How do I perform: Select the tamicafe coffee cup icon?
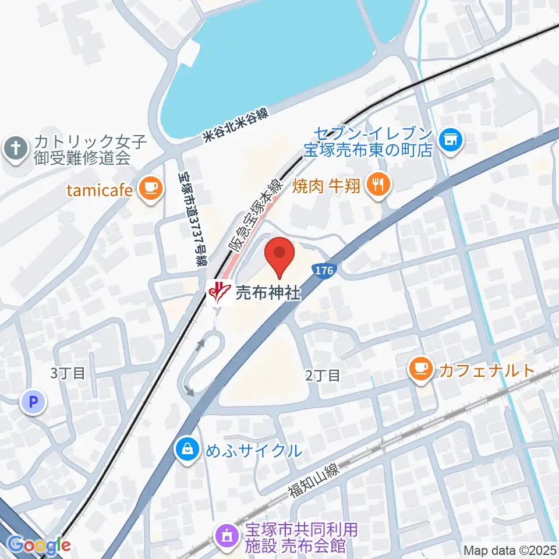150,188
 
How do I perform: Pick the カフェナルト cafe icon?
420,369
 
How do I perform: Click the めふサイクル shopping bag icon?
187,450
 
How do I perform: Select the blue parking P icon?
33,401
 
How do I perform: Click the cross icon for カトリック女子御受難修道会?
15,149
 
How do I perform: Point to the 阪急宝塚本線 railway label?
256,215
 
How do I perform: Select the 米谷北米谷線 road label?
235,126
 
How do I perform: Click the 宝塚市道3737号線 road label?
192,217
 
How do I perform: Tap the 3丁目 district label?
68,373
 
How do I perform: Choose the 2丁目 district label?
323,376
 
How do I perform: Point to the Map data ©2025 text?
510,550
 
